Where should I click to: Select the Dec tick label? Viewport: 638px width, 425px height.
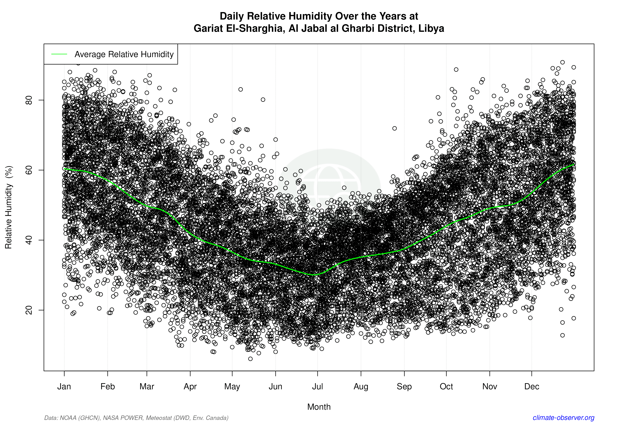pos(532,387)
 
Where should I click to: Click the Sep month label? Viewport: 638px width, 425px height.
pos(404,387)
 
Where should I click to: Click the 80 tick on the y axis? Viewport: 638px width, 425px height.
pos(29,100)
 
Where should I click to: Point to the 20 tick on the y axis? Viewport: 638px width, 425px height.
pos(29,310)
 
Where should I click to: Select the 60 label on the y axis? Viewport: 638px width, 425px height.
pos(29,170)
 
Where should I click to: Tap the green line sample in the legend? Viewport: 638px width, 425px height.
pos(59,54)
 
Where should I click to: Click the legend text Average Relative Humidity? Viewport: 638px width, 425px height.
pos(124,54)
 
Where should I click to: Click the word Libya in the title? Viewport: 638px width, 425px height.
pos(431,28)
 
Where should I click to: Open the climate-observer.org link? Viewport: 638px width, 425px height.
pos(563,418)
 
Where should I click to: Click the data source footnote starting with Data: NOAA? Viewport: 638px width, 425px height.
pos(136,418)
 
